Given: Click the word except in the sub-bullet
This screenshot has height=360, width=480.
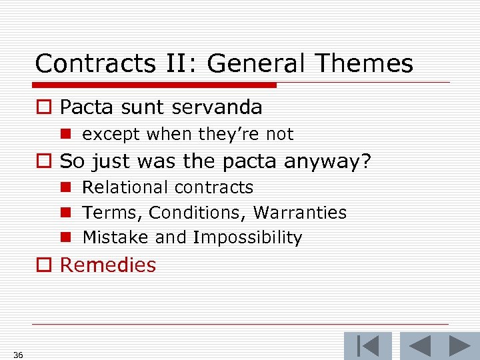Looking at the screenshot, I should (111, 135).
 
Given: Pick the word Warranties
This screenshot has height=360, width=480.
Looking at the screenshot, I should (300, 213).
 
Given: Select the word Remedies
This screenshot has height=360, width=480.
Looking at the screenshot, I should (108, 265).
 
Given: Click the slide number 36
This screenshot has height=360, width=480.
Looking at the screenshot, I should (18, 355).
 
